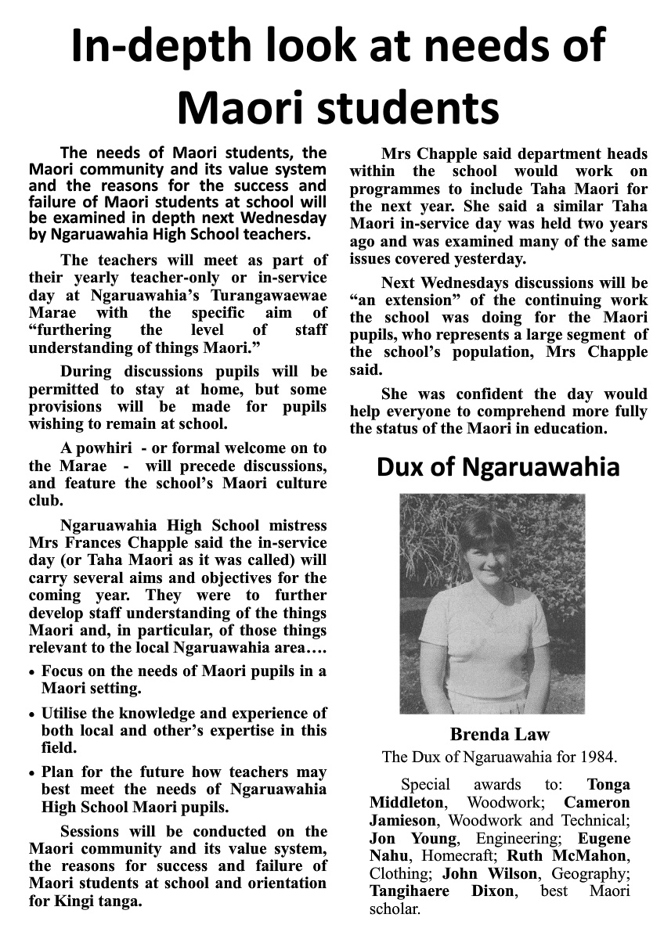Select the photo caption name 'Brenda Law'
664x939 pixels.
pos(500,735)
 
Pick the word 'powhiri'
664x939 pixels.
pos(105,448)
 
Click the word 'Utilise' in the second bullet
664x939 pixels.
pos(70,714)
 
